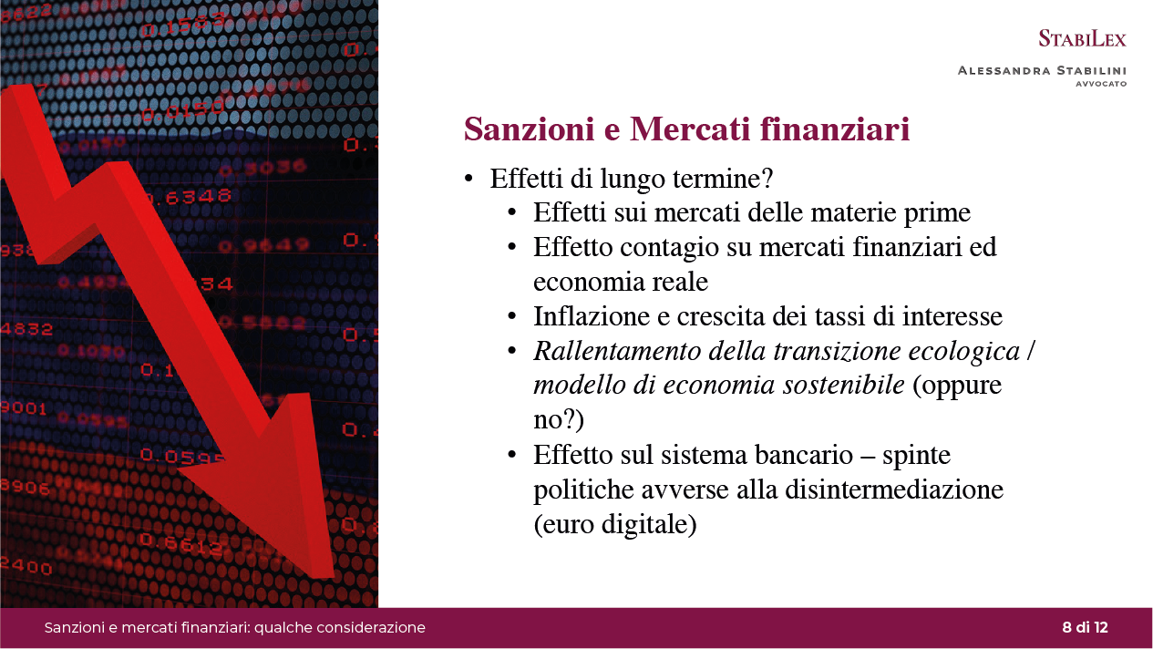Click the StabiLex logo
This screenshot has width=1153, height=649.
coord(1082,38)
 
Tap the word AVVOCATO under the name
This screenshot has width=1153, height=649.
coord(1101,84)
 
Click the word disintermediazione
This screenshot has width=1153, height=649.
coord(895,489)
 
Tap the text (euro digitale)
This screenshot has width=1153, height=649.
coord(615,525)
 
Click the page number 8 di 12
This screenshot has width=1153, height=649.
coord(1085,627)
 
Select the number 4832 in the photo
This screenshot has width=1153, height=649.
coord(26,329)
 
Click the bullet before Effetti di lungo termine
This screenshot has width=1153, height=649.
coord(468,179)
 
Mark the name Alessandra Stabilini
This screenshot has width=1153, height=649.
coord(1042,70)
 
